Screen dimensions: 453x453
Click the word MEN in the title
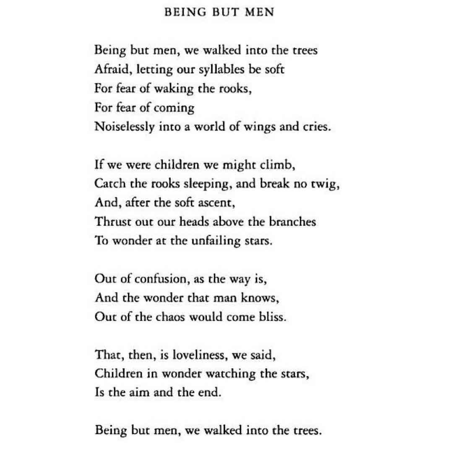click(261, 12)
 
